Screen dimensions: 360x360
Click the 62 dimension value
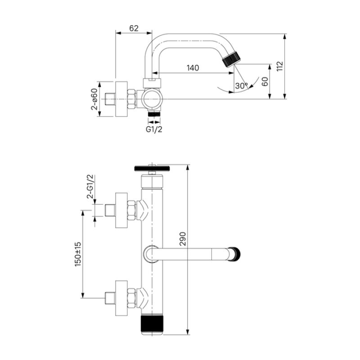coord(134,28)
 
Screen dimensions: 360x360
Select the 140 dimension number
coord(193,68)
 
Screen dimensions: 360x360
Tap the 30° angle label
coord(241,85)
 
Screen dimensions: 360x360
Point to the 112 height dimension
coord(279,66)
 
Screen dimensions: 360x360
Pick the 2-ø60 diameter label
coord(94,99)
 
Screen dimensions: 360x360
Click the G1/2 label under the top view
coord(154,129)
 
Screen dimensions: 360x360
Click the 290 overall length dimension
coord(182,239)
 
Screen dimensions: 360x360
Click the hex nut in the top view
coord(132,99)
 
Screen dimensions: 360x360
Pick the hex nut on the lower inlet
coord(132,298)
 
